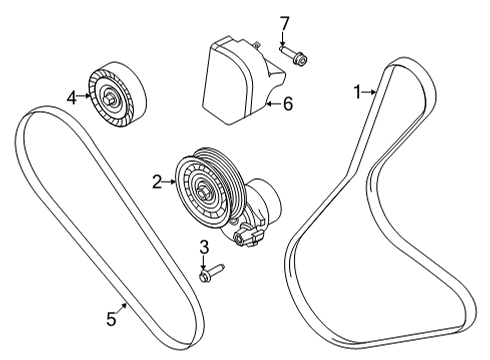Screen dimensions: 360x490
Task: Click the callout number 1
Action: tap(357, 92)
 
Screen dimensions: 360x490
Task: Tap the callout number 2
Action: tap(156, 182)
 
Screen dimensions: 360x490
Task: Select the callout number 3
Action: tap(203, 247)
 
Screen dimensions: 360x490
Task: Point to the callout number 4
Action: tap(71, 97)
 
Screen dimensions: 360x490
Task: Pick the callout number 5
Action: tap(112, 321)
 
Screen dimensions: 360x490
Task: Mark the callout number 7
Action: tap(283, 22)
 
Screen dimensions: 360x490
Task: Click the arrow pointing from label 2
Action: tap(169, 182)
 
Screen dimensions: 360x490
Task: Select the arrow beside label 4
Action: tap(84, 97)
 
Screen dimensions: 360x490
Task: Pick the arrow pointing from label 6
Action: tap(272, 102)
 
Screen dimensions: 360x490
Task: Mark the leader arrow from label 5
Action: tap(120, 310)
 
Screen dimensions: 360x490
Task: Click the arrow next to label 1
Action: tap(369, 92)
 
